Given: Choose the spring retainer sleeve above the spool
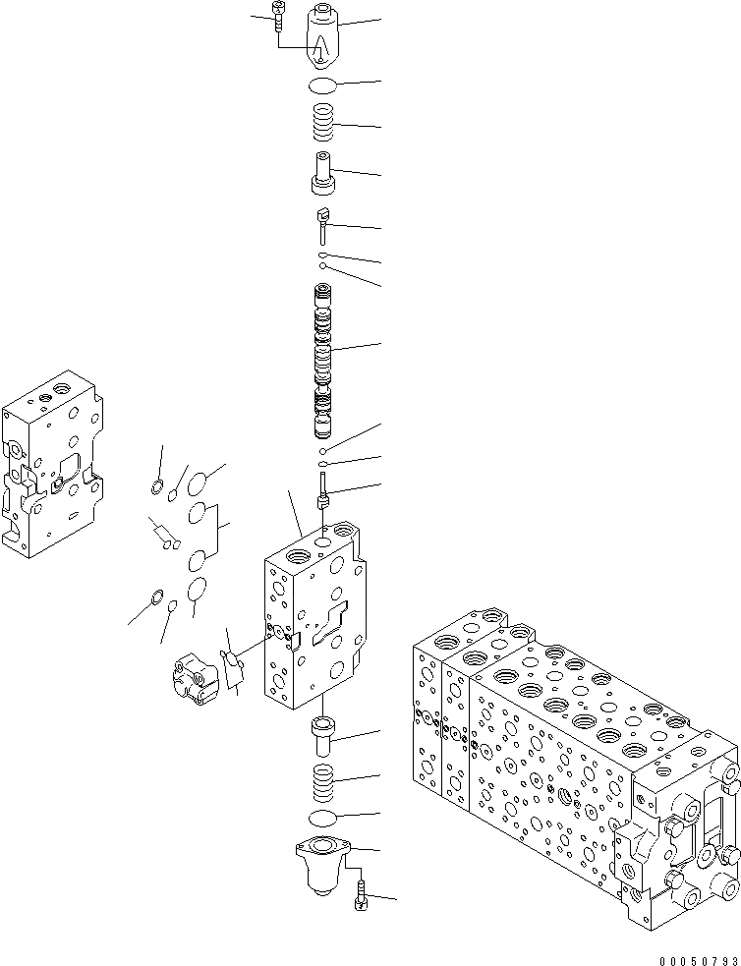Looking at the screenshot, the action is coord(322,175).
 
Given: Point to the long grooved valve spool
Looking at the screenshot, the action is coord(323,362).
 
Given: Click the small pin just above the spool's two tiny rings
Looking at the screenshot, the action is coord(323,224).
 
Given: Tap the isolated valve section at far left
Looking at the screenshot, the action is coord(50,462).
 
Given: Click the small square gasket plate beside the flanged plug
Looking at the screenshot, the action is coord(232,670).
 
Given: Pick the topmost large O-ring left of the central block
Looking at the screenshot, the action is coord(198,483).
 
